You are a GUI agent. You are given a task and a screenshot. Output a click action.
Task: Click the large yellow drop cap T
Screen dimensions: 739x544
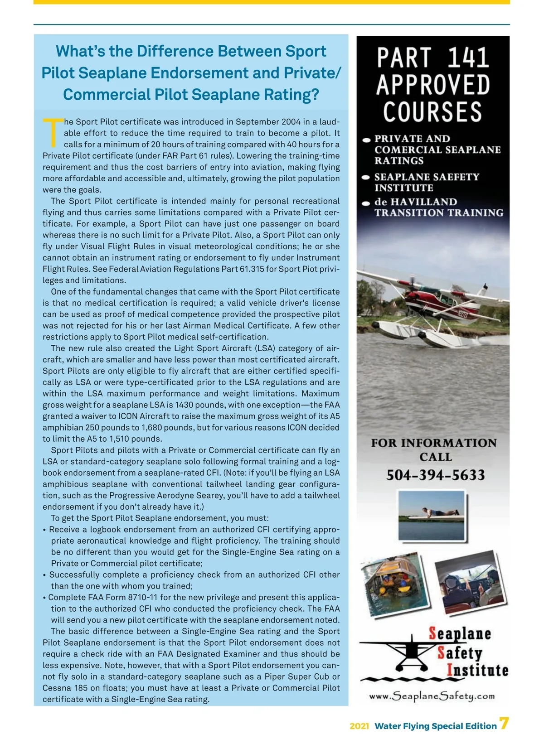click(53, 132)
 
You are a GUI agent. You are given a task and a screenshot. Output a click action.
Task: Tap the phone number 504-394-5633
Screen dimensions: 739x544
click(435, 475)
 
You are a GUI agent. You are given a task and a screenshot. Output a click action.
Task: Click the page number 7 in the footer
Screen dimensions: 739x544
click(504, 724)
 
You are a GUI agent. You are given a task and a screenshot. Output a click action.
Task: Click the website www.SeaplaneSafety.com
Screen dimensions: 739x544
click(432, 696)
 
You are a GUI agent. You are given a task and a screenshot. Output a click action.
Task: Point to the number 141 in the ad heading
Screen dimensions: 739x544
click(468, 58)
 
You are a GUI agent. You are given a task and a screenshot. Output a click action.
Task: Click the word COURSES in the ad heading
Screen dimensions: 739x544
click(432, 112)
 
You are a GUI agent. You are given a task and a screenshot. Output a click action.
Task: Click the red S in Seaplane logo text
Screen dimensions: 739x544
click(433, 633)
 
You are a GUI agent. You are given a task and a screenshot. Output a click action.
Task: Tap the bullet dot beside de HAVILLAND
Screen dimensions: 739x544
click(367, 203)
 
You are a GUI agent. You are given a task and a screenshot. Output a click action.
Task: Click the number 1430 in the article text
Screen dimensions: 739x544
click(185, 405)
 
